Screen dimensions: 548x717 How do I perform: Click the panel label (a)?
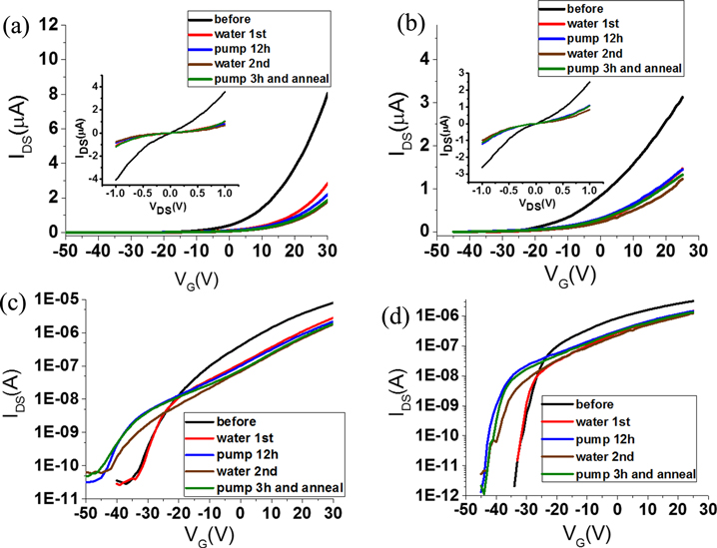tap(17, 27)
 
